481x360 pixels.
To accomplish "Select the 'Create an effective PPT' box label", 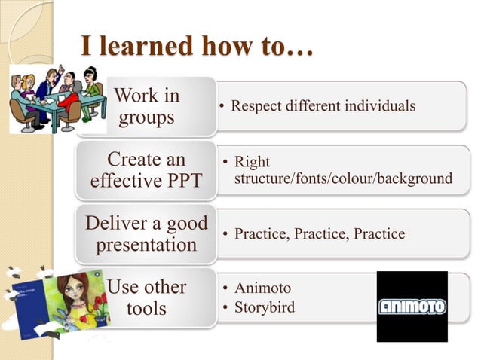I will (146, 171).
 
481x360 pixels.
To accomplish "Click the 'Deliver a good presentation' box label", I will (146, 234).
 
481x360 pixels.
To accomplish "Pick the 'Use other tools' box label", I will (146, 298).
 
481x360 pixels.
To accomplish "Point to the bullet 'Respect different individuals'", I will (317, 105).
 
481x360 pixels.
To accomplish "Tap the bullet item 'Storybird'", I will (265, 307).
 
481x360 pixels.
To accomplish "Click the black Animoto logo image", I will (412, 307).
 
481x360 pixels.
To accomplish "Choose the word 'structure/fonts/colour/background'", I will (343, 178).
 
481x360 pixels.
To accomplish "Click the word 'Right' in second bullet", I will (252, 162).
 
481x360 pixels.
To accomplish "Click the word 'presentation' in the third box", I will (146, 246).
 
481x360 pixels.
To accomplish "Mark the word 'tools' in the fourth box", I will (146, 310).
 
